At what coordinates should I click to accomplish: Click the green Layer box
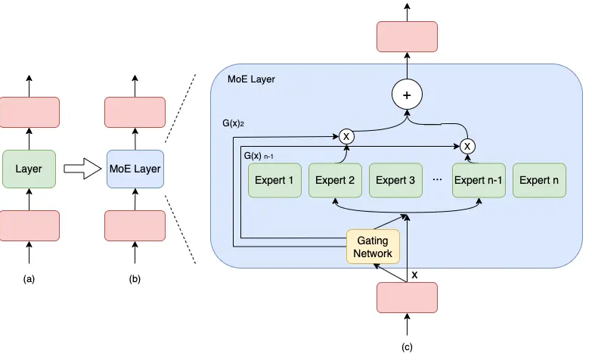(x=29, y=169)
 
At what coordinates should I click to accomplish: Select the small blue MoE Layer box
(x=135, y=169)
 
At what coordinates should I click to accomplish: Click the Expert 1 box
(x=275, y=180)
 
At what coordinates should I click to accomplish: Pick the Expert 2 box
(x=335, y=180)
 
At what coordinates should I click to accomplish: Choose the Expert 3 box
(x=395, y=180)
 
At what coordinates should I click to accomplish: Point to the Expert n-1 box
(x=479, y=180)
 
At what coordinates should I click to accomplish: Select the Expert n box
(x=539, y=180)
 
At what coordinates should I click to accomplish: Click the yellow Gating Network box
(x=373, y=246)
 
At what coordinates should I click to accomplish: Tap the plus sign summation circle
(x=406, y=95)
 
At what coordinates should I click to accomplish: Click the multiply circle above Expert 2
(x=346, y=136)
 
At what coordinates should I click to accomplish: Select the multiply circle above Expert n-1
(x=467, y=144)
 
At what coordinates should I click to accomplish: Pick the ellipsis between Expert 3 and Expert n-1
(x=436, y=181)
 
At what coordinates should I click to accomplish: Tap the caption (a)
(x=29, y=279)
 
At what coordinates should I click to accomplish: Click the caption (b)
(x=135, y=279)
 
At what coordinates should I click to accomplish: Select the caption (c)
(x=407, y=347)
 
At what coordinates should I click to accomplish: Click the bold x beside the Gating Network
(x=414, y=275)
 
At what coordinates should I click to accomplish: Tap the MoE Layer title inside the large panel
(x=251, y=79)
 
